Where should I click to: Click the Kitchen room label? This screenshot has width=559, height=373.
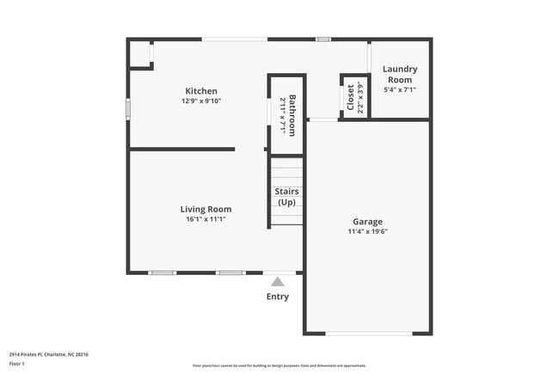201,91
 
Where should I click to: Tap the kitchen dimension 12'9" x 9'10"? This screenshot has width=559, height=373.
201,101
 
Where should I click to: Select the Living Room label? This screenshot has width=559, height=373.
206,209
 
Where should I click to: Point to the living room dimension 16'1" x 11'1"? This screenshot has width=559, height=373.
206,219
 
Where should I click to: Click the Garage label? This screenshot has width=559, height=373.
367,221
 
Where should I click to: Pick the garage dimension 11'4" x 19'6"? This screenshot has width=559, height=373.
367,231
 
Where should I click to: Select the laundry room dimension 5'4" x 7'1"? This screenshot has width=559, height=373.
400,90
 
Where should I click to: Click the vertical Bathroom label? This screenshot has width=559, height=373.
292,114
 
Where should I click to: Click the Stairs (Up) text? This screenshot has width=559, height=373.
286,196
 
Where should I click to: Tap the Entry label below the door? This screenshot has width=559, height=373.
277,297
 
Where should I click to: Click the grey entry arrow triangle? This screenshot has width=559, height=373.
277,281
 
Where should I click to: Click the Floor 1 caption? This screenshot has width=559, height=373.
17,364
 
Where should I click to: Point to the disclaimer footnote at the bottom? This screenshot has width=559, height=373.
279,366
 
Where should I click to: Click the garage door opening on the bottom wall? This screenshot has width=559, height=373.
367,333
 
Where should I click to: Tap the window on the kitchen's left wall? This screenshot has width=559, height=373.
129,110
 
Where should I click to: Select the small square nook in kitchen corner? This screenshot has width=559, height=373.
139,53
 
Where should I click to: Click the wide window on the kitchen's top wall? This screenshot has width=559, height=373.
234,39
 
